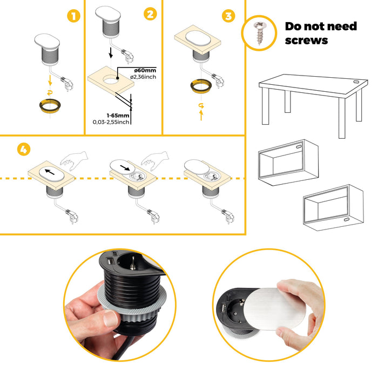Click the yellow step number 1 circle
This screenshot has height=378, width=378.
[x=74, y=16]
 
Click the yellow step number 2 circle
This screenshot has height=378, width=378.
[x=150, y=15]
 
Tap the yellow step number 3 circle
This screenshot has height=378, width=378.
[x=229, y=16]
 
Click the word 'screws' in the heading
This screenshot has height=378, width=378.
[x=306, y=40]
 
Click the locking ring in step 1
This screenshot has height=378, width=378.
[x=50, y=106]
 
